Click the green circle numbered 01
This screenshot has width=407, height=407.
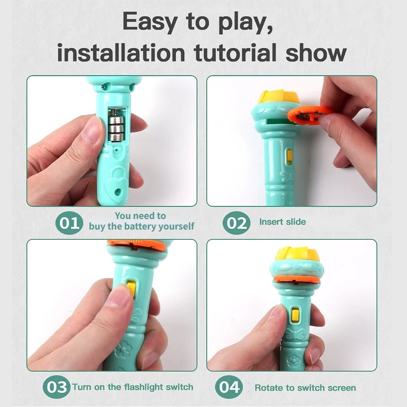[69, 223]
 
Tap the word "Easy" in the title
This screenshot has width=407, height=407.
[151, 22]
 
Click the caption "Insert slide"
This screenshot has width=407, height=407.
[282, 222]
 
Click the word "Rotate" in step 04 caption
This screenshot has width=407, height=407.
[269, 387]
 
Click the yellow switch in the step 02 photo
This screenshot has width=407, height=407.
[289, 157]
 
